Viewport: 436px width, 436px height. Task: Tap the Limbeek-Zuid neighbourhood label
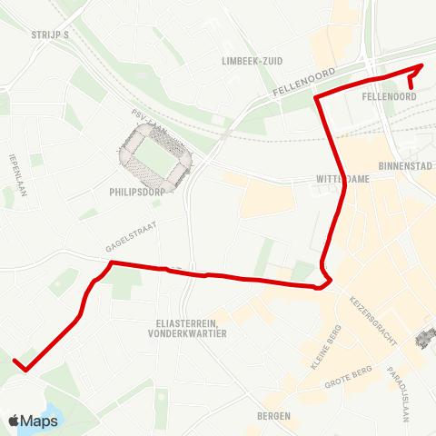coord(253,60)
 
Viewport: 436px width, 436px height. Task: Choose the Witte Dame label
coord(343,179)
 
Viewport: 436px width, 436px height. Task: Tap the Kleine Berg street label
coord(324,348)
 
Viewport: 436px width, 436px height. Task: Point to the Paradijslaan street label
coord(401,385)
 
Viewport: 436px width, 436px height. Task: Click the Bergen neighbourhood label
coord(273,416)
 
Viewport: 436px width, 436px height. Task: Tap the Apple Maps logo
coord(33,421)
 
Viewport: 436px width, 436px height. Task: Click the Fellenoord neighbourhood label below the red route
coord(388,95)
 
